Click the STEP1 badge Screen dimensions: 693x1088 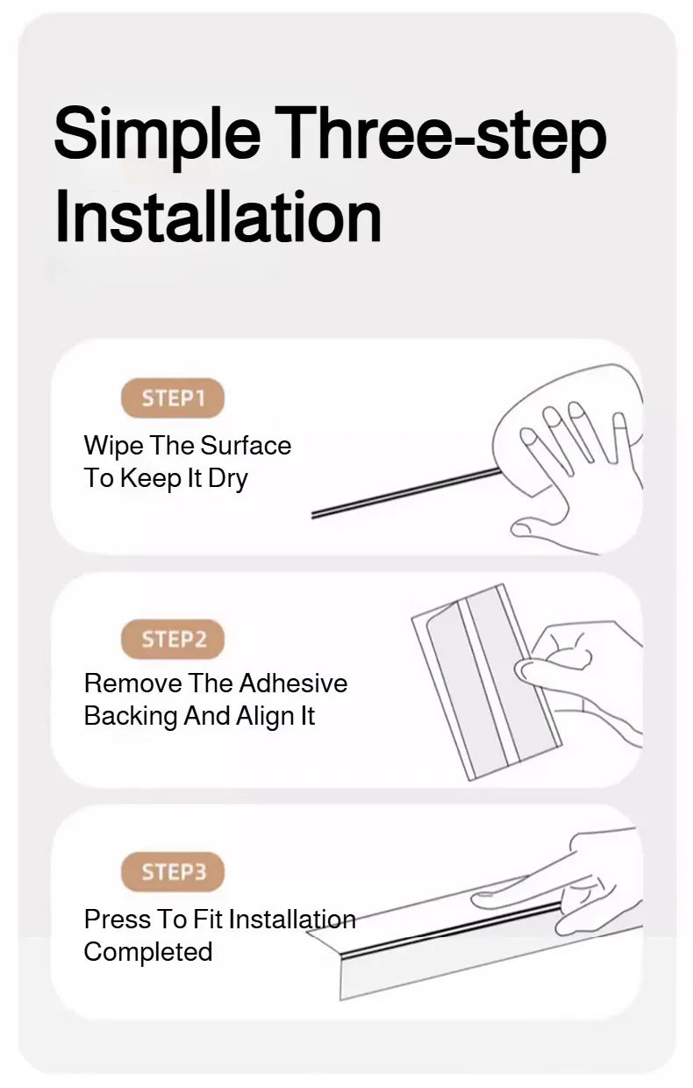[x=173, y=397]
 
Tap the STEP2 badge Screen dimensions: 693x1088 [x=173, y=639]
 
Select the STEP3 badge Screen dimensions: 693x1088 [x=173, y=871]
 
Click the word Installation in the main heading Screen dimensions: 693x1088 [x=218, y=216]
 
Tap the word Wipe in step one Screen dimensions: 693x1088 [x=113, y=447]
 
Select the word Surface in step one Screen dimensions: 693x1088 [x=246, y=446]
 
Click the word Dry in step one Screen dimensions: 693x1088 [x=228, y=479]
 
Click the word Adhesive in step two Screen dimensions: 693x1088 [x=293, y=684]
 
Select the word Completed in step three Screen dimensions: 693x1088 [x=148, y=953]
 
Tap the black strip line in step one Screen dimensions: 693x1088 [x=406, y=492]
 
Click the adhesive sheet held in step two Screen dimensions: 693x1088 [x=487, y=682]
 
